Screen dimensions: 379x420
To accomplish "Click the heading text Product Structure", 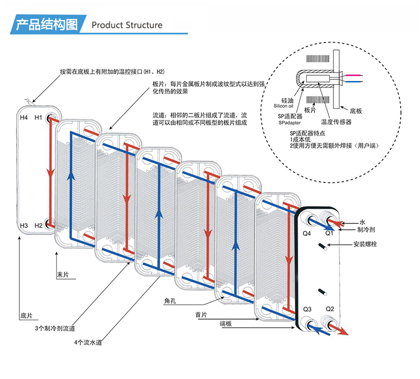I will click(x=127, y=25).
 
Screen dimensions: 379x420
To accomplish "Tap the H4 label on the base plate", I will click(x=24, y=117).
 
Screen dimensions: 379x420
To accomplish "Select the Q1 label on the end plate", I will click(x=329, y=232).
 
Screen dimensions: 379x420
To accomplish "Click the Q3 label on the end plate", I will click(x=308, y=309).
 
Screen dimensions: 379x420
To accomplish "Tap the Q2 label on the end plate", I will click(x=330, y=309).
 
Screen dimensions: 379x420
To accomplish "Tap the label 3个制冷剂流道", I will click(x=55, y=329).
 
